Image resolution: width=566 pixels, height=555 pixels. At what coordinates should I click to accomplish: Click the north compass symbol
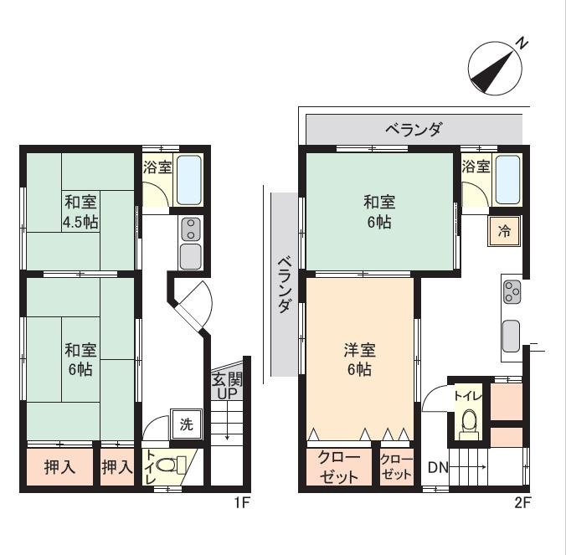pos(495,69)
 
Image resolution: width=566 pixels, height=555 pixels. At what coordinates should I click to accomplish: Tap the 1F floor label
pos(242,502)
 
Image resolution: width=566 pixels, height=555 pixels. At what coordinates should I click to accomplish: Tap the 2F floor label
pos(522,502)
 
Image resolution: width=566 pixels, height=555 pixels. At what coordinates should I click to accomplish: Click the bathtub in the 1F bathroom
pos(189,180)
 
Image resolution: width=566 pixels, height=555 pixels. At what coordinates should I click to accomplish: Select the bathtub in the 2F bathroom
pos(508,180)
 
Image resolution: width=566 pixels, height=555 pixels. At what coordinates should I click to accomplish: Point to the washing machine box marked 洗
pos(186,424)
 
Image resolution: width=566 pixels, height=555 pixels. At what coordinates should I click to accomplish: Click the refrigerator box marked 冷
pos(504,231)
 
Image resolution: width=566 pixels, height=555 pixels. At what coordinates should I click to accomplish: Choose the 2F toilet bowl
pos(469,423)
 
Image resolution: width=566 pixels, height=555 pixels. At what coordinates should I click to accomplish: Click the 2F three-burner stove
pos(512,291)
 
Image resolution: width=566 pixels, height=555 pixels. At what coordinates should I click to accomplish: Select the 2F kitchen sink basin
pos(511,336)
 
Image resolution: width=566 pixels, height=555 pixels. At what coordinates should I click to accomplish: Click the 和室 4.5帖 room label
pos(80,212)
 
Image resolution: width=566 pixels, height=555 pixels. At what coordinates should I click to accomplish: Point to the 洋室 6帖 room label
pos(359,359)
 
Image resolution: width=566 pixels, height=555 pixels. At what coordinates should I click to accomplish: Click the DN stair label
pos(438,468)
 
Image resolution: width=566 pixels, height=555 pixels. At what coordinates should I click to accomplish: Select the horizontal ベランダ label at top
pos(414,129)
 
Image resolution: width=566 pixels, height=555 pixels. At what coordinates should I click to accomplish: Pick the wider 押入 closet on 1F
pos(60,467)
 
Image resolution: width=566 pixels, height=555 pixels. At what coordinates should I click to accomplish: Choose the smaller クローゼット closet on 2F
pos(396,467)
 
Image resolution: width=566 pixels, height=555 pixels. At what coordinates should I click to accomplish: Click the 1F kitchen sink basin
pos(190,256)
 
